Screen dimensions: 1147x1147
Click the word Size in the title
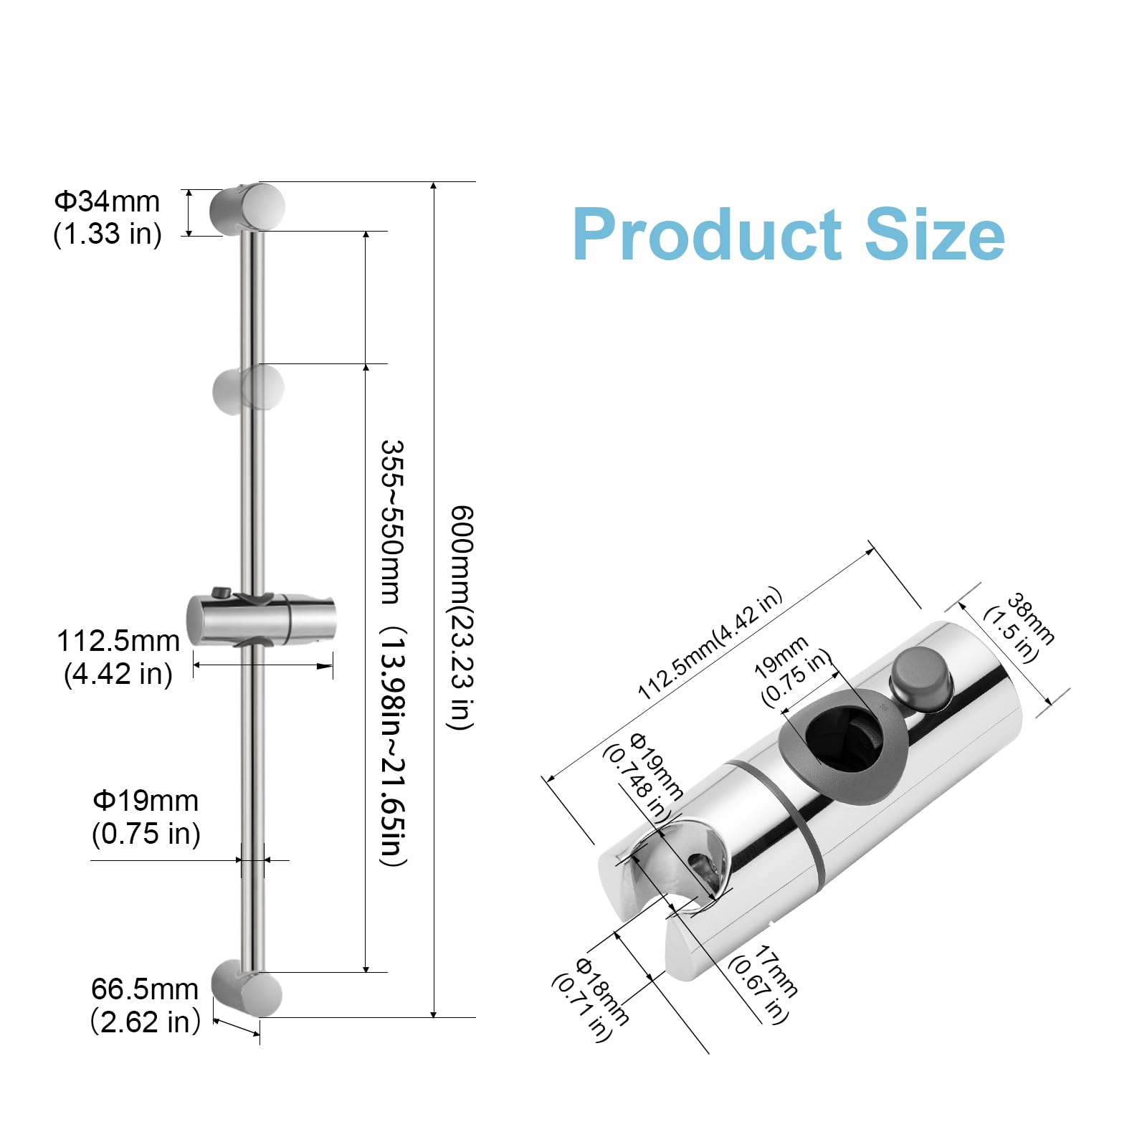coord(935,234)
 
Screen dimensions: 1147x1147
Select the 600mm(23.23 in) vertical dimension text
coord(461,618)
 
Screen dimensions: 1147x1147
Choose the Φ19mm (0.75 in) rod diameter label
coord(146,817)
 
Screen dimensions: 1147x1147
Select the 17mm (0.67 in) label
coord(763,984)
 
